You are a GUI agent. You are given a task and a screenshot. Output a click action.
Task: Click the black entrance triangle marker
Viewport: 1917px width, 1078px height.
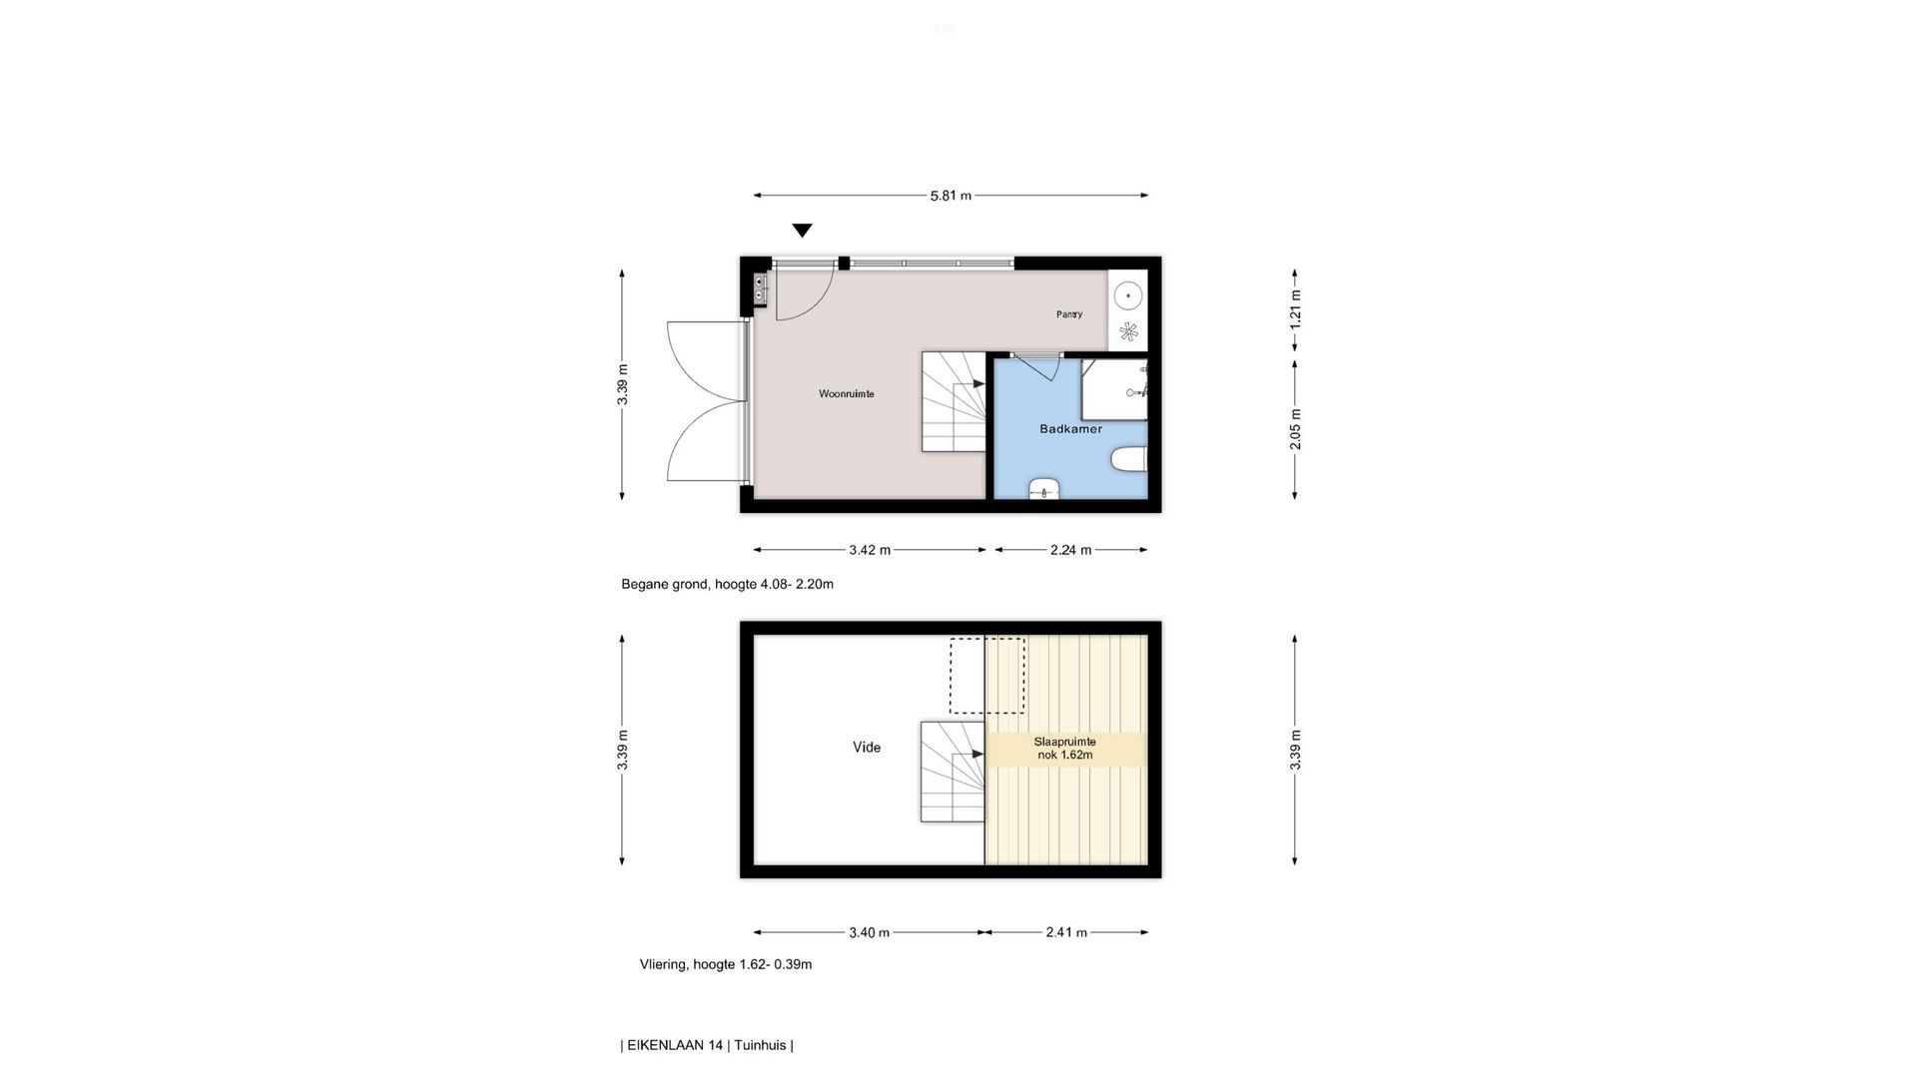(x=802, y=231)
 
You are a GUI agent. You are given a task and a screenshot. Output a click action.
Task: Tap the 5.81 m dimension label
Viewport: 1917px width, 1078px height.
(x=951, y=196)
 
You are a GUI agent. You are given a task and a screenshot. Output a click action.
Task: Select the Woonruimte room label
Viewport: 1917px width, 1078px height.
(x=847, y=394)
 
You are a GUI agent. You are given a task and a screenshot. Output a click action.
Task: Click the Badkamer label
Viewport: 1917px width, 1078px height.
(x=1071, y=429)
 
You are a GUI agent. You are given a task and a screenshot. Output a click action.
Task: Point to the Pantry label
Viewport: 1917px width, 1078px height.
(x=1069, y=314)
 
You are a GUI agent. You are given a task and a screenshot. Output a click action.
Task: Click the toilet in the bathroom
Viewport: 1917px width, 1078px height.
(x=1129, y=460)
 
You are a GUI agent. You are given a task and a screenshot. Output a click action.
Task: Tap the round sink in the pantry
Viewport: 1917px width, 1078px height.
(x=1128, y=295)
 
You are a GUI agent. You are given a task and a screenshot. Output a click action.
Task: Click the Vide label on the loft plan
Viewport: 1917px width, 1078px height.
(x=867, y=747)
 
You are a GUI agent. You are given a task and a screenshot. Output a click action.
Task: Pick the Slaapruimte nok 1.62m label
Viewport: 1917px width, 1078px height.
(x=1064, y=749)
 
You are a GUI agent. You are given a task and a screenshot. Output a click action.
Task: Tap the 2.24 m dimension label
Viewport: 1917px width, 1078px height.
(x=1070, y=550)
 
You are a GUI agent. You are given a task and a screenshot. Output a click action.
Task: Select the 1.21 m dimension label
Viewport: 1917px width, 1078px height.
(x=1295, y=309)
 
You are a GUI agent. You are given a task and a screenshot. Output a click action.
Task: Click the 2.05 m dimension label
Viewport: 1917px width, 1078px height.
(x=1295, y=429)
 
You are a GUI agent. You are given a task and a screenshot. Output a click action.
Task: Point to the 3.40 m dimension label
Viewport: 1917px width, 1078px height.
(x=869, y=933)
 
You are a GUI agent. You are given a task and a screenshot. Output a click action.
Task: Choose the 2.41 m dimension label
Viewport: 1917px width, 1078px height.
(x=1066, y=933)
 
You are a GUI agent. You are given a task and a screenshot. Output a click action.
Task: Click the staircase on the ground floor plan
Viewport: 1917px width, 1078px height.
(x=954, y=401)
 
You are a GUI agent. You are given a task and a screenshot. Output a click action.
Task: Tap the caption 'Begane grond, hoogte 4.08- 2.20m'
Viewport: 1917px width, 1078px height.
(x=727, y=584)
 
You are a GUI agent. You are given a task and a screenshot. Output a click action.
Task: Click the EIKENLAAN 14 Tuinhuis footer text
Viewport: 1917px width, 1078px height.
(x=707, y=1046)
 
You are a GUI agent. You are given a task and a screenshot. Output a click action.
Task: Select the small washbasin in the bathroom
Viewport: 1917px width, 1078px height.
(x=1043, y=489)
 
